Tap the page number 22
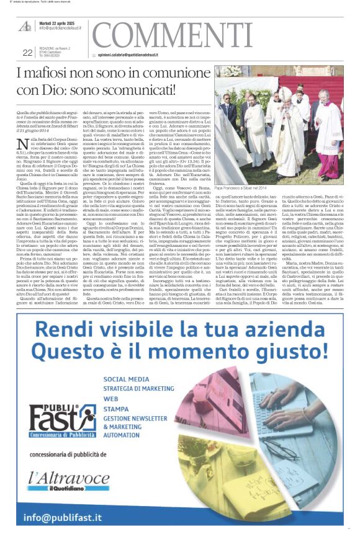pos(27,53)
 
